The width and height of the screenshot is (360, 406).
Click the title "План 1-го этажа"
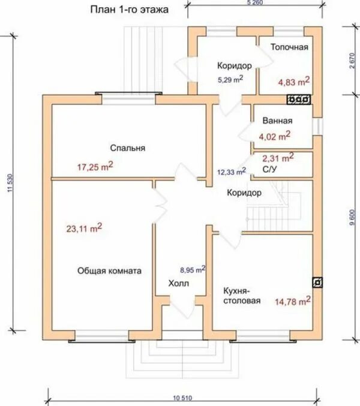129,10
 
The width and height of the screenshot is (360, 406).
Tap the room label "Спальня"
128,148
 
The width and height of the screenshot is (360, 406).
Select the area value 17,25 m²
95,167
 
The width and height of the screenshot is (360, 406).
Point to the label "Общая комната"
109,271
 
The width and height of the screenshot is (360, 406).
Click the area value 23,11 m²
84,228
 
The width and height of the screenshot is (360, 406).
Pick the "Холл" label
178,283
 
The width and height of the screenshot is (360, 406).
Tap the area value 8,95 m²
193,269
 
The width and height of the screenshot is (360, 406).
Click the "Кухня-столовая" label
242,296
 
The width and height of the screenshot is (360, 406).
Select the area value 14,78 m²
293,301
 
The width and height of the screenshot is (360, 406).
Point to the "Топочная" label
289,47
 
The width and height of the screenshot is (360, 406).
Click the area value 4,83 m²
293,82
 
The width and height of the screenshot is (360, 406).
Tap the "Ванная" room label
277,121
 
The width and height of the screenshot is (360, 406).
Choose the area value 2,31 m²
278,158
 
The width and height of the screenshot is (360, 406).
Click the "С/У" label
269,169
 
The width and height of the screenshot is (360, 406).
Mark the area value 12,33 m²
232,172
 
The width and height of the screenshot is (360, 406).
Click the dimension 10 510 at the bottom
182,398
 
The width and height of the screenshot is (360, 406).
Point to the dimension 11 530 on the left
10,183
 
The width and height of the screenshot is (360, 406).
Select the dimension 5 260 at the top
255,2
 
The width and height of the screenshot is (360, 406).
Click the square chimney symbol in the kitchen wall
317,282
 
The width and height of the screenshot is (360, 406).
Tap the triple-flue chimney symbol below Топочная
299,100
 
